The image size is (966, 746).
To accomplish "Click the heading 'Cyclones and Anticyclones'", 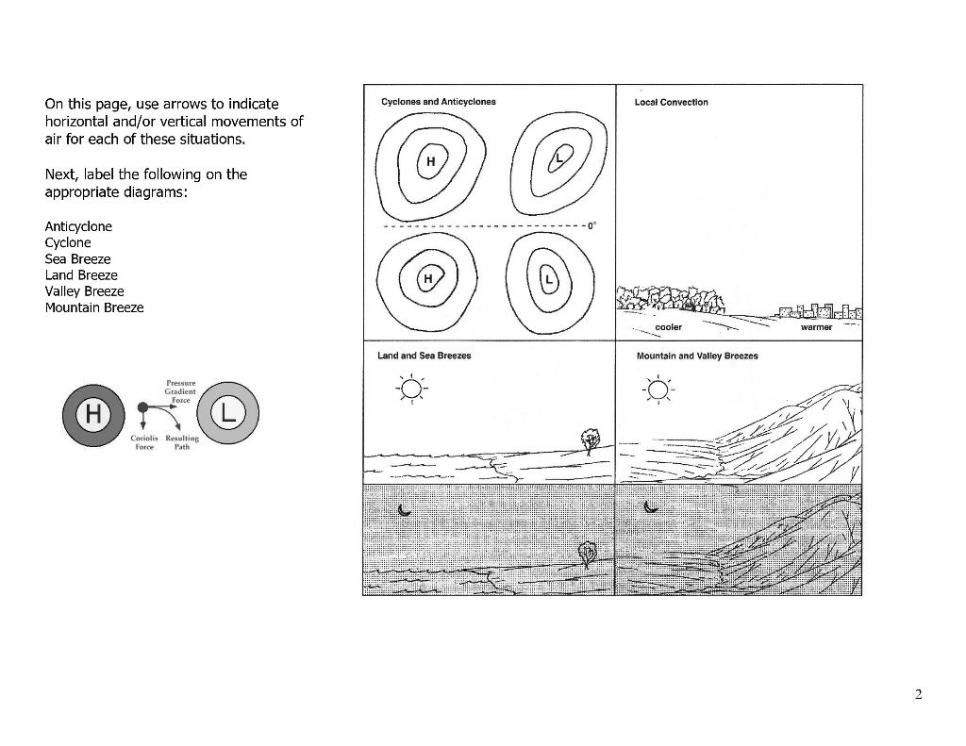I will (x=438, y=102).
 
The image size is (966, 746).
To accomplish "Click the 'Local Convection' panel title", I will (x=672, y=102).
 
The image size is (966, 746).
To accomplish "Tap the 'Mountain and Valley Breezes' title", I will (x=697, y=356).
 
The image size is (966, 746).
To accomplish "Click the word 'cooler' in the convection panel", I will (x=668, y=327).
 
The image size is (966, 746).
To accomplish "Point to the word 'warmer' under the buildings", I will (x=816, y=327).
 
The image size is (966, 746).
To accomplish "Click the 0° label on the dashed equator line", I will (x=591, y=226).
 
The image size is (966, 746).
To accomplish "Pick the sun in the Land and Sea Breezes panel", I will (x=411, y=389).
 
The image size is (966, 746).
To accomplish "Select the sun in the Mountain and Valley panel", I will (x=658, y=389).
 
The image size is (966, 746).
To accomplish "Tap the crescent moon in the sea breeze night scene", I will (x=405, y=509).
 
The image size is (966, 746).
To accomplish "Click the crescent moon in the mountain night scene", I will (x=650, y=506).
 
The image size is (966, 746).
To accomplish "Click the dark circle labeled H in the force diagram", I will (x=92, y=413).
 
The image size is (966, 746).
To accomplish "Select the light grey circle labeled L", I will (x=227, y=412).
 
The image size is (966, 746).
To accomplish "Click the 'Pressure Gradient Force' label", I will (x=179, y=390).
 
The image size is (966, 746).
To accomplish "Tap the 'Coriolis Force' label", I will (x=143, y=442).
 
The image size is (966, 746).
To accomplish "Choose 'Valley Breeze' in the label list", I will (x=84, y=291).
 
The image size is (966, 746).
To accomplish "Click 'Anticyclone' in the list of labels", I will (x=78, y=226).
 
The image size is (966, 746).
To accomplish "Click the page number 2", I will (x=918, y=696).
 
